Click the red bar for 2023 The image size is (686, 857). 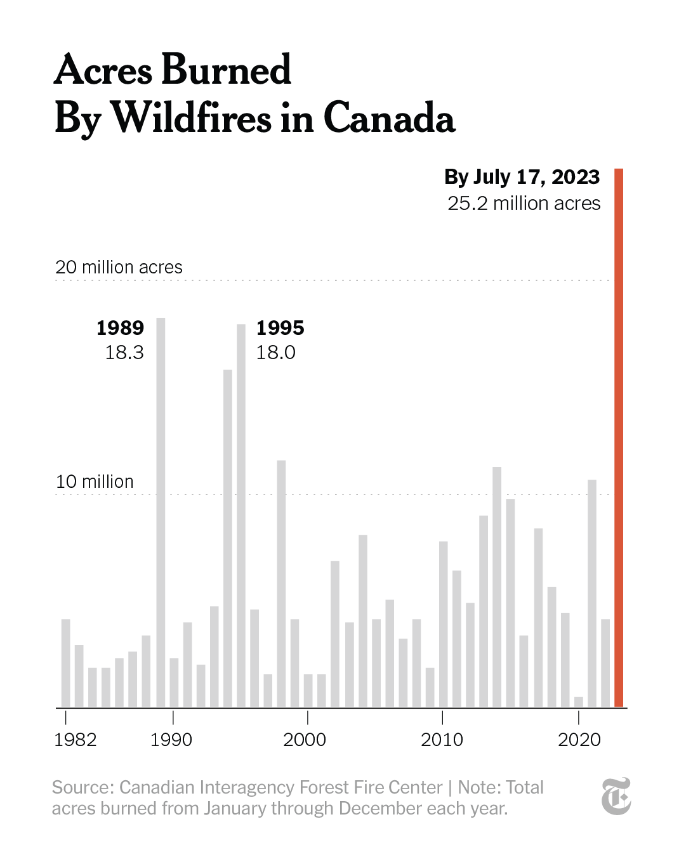(619, 438)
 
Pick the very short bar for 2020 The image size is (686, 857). (578, 702)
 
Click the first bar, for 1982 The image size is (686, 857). (65, 663)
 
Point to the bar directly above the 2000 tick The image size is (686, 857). (308, 691)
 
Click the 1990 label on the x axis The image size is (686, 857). (171, 740)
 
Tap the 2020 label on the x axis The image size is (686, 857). (579, 740)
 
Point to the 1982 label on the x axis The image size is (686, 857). (76, 740)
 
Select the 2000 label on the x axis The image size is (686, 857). (305, 740)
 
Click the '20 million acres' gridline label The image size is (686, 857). (119, 267)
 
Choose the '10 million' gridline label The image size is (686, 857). (95, 481)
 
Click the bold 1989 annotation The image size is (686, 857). (120, 328)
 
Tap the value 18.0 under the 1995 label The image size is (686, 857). (275, 352)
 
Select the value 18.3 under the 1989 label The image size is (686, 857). (124, 352)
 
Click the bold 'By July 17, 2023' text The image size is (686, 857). (522, 177)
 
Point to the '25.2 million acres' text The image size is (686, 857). (524, 204)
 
